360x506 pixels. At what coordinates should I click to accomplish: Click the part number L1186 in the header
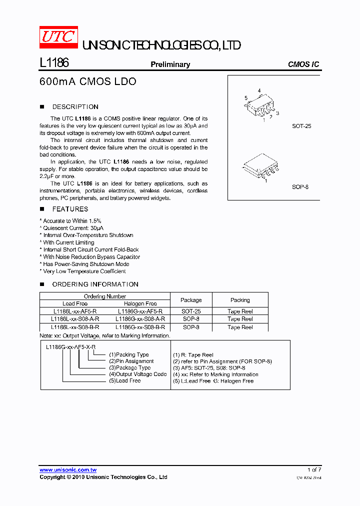click(53, 63)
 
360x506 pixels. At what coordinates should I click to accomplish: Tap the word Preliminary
click(170, 64)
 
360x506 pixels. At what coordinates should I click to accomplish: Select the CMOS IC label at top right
click(303, 64)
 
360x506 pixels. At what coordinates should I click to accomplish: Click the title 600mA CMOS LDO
click(87, 81)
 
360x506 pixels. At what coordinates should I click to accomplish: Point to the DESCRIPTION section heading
click(75, 107)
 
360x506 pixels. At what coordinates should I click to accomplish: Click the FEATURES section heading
click(70, 209)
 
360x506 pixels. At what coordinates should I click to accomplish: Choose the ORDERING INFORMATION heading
click(95, 284)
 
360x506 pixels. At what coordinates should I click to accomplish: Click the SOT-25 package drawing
click(260, 105)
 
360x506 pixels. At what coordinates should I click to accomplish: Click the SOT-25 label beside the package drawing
click(301, 126)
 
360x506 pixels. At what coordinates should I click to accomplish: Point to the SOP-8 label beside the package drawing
click(300, 187)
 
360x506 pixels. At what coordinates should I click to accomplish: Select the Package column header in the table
click(191, 300)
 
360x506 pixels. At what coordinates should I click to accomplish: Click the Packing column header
click(240, 300)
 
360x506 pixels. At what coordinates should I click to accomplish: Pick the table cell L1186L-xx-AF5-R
click(75, 311)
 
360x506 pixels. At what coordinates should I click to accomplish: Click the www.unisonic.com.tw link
click(68, 470)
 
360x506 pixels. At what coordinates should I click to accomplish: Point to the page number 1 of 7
click(314, 470)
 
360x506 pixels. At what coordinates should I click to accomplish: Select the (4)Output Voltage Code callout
click(137, 374)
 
